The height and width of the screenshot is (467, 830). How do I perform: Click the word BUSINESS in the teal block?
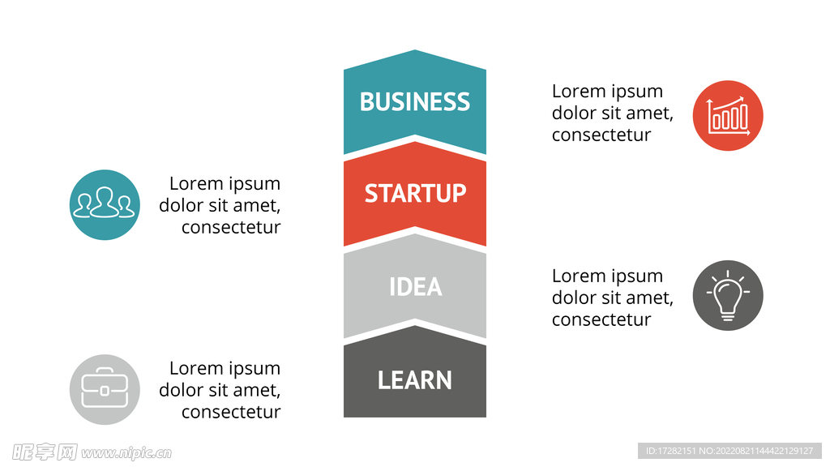point(414,102)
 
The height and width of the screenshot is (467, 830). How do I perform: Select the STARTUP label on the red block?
point(415,194)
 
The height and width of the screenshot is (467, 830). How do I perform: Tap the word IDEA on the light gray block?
point(415,287)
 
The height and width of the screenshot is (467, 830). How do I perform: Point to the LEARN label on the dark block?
point(415,380)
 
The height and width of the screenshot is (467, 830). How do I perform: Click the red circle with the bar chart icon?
point(728,115)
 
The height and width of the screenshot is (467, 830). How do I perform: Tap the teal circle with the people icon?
point(105,204)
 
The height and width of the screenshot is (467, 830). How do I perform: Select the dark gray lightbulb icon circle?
point(728,295)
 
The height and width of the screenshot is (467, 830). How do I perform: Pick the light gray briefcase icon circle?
point(105,389)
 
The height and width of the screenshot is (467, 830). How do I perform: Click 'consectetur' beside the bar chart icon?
point(601,135)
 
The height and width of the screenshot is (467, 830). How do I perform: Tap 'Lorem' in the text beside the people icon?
point(195,183)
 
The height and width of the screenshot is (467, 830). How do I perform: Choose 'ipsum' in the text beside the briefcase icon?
point(255,369)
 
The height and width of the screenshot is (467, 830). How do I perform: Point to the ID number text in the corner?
point(729,451)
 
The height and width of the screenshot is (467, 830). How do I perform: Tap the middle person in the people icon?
point(104,201)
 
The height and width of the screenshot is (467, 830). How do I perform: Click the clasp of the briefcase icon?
point(105,391)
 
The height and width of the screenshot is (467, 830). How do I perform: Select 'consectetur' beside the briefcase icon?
point(231,412)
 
